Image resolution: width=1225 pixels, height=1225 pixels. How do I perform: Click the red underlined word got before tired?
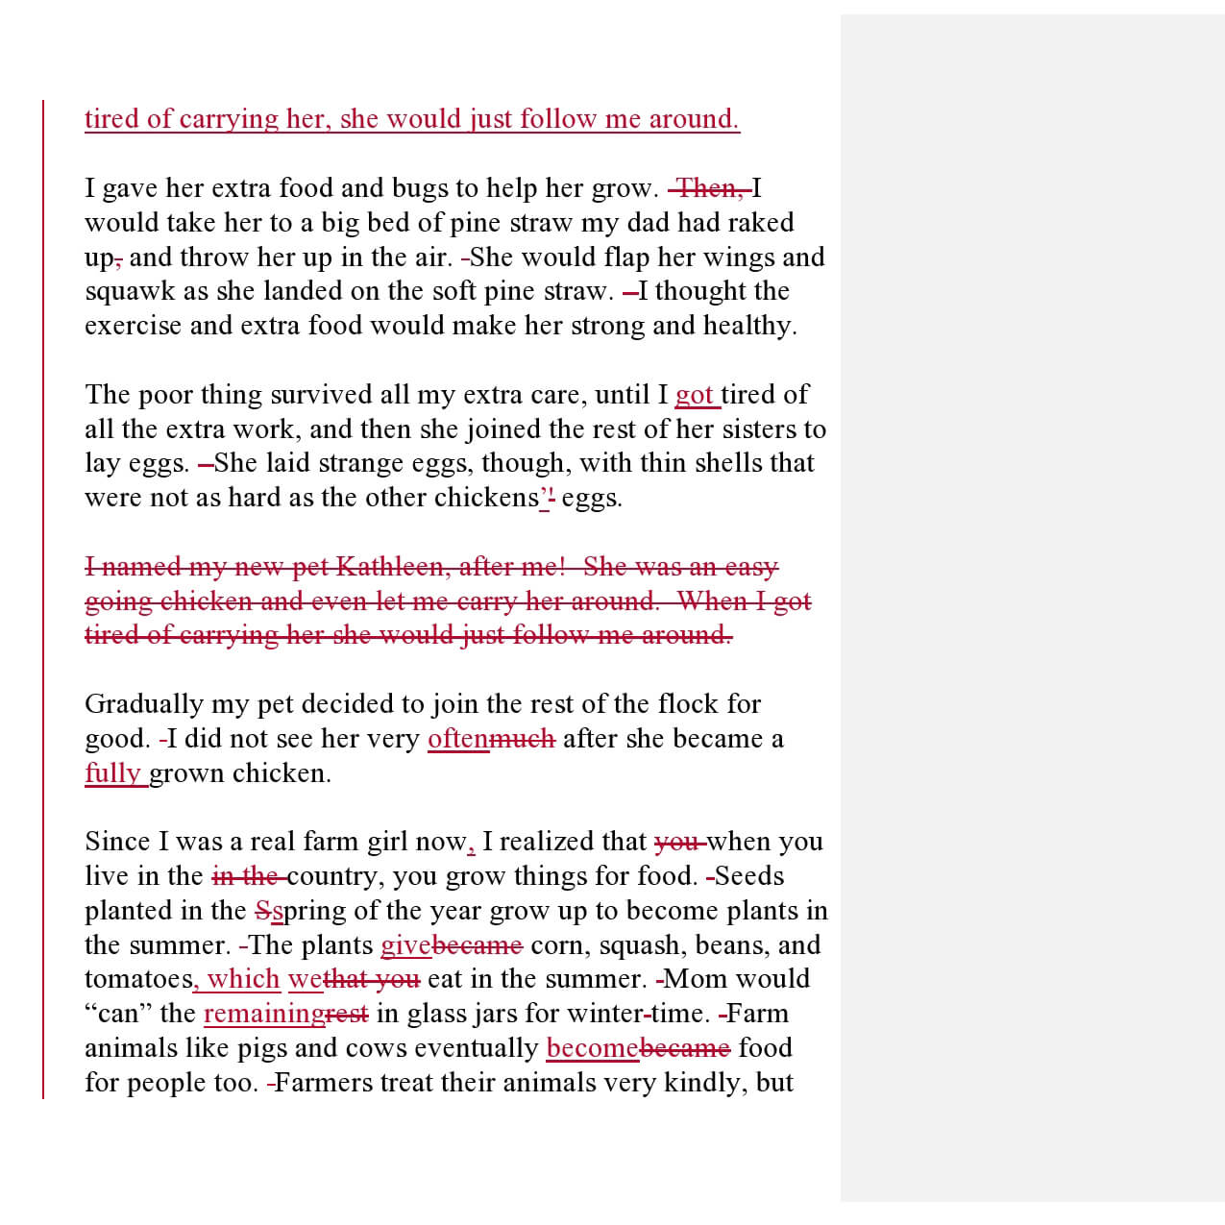pos(694,395)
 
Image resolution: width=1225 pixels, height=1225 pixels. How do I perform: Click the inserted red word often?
pos(458,739)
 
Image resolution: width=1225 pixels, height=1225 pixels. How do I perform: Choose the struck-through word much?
pos(523,739)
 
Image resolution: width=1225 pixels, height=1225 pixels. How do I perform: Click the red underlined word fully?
pos(112,773)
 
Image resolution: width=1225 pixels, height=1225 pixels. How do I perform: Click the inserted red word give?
pos(405,945)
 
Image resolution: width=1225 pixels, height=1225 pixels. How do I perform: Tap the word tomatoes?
pos(138,980)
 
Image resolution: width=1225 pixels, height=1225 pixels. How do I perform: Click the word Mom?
pos(689,980)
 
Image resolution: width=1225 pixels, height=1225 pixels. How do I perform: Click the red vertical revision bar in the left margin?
pos(43,596)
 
